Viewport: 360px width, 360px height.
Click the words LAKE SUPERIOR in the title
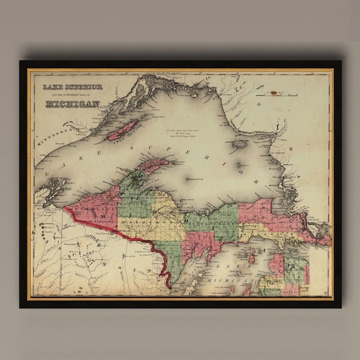73,87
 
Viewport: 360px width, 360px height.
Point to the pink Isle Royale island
123,130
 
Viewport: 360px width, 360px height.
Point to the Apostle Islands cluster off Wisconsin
54,191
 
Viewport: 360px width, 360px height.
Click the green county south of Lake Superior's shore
220,220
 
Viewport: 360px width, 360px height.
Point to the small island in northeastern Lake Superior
239,144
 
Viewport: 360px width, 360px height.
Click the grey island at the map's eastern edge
324,231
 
